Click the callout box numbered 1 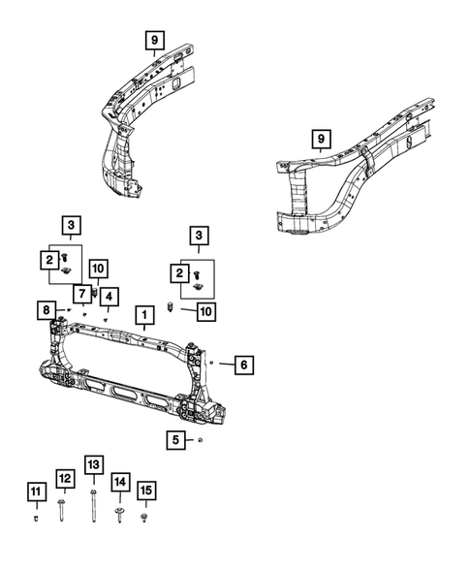point(142,315)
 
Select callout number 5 point(175,440)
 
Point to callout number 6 point(244,365)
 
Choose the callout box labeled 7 point(83,294)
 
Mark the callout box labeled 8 point(47,310)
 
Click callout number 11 point(35,493)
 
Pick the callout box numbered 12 point(64,478)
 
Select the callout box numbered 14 point(120,481)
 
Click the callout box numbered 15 point(145,492)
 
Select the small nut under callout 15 point(145,520)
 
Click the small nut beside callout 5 point(199,440)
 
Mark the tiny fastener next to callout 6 point(211,362)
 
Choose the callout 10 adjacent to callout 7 point(97,268)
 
